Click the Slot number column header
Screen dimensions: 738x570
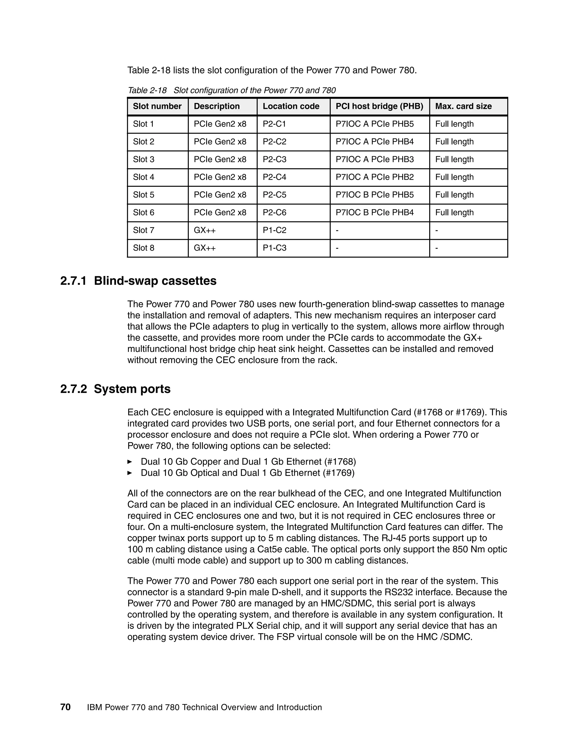(157, 106)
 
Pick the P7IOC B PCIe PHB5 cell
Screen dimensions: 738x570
(374, 195)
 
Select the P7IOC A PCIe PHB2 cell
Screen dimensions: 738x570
(374, 177)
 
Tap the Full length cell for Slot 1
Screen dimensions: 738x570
(454, 124)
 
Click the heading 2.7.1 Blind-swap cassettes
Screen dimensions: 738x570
(138, 281)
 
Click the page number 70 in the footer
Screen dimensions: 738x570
(65, 707)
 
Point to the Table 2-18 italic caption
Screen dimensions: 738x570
(231, 90)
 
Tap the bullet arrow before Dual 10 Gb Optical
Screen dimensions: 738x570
(129, 473)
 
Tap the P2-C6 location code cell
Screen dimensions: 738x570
(274, 212)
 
